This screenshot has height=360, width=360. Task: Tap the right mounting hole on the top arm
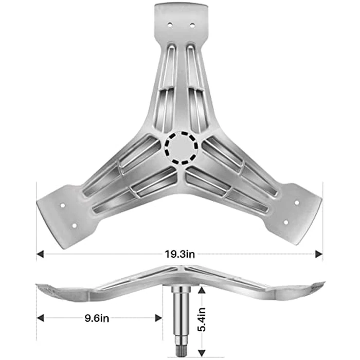(192, 25)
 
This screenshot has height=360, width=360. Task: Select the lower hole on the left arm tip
(74, 225)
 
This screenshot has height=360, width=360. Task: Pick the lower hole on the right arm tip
(286, 222)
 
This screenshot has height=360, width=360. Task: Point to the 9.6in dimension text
(96, 318)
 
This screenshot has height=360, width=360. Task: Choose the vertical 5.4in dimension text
(202, 319)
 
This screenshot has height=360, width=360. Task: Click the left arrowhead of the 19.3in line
(40, 254)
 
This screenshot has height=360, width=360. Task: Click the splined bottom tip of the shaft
(182, 350)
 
